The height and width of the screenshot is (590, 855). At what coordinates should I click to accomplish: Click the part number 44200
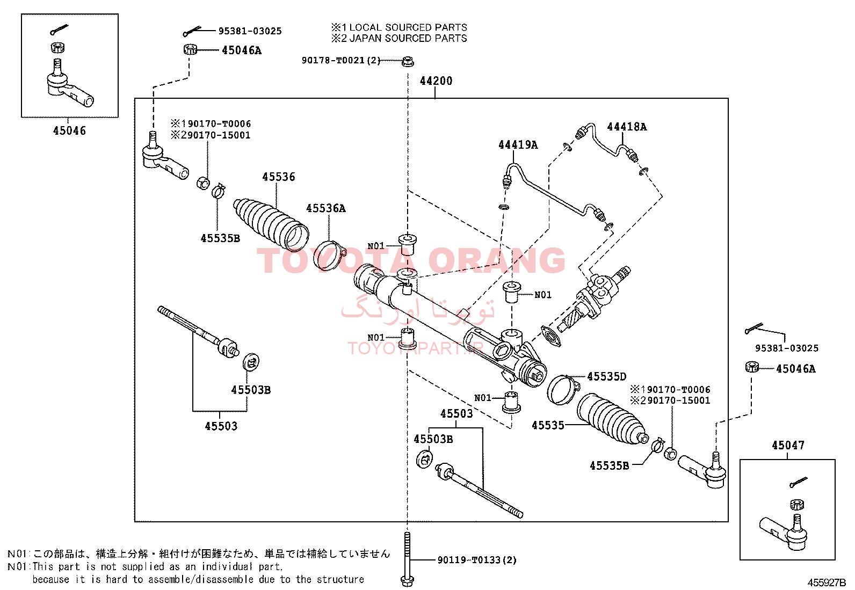coord(436,81)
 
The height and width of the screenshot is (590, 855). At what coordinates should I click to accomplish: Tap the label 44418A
coord(627,127)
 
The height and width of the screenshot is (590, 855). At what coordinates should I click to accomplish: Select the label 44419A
coord(518,144)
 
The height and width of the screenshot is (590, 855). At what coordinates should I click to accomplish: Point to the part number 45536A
coord(325,208)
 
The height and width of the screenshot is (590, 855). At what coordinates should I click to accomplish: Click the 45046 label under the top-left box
coord(69,131)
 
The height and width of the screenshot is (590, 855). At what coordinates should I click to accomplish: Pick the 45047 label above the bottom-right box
coord(788,446)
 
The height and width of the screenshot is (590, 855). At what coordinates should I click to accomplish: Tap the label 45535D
coord(606,377)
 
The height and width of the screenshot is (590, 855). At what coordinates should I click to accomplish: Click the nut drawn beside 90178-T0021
coord(408,61)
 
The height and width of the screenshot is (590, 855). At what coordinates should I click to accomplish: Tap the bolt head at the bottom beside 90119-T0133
coord(407,581)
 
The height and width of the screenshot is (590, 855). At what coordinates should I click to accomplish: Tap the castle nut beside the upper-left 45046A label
coord(190,49)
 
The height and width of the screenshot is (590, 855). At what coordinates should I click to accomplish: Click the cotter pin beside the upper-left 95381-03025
coord(192,31)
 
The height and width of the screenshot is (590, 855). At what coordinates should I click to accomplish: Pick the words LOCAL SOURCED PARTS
coord(408,27)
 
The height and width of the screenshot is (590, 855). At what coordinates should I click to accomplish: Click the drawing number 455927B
coord(827,582)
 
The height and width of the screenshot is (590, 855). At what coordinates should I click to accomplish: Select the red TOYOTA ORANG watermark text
coord(411,260)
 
